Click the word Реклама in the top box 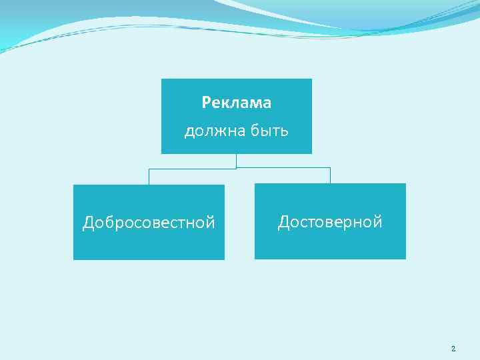point(237,103)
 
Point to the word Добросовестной point(149,223)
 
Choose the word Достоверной point(330,222)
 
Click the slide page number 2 point(453,349)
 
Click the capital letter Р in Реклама point(206,103)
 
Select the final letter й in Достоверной point(378,221)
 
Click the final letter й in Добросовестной point(211,222)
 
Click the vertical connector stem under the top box point(237,161)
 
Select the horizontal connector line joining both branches point(280,168)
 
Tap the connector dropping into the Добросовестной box point(149,177)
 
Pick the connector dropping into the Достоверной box point(330,176)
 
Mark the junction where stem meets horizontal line point(237,168)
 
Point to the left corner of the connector point(149,169)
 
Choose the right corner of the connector point(330,168)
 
